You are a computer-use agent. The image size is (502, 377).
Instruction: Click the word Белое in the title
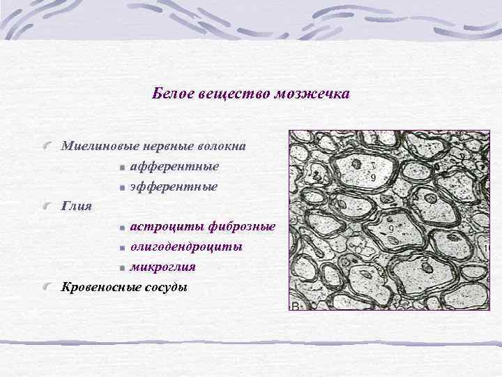169,93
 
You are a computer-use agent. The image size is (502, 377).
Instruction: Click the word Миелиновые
100,146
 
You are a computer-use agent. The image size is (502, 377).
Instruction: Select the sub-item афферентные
174,166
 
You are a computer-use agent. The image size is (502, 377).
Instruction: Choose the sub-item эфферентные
174,186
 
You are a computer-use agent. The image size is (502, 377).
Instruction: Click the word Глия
76,206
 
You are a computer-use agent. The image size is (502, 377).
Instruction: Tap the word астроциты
163,227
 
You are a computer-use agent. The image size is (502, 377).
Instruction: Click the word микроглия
162,267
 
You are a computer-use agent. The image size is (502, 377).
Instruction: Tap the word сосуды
166,286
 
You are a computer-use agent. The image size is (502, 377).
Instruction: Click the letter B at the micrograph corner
294,306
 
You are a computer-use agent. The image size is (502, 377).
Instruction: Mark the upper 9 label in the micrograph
373,178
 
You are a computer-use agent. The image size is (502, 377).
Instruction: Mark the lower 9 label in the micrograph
390,228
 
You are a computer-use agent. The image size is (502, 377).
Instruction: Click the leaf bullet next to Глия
46,207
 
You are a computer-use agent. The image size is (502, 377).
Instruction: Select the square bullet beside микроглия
122,267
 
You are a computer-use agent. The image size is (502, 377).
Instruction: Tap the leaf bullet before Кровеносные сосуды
46,287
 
